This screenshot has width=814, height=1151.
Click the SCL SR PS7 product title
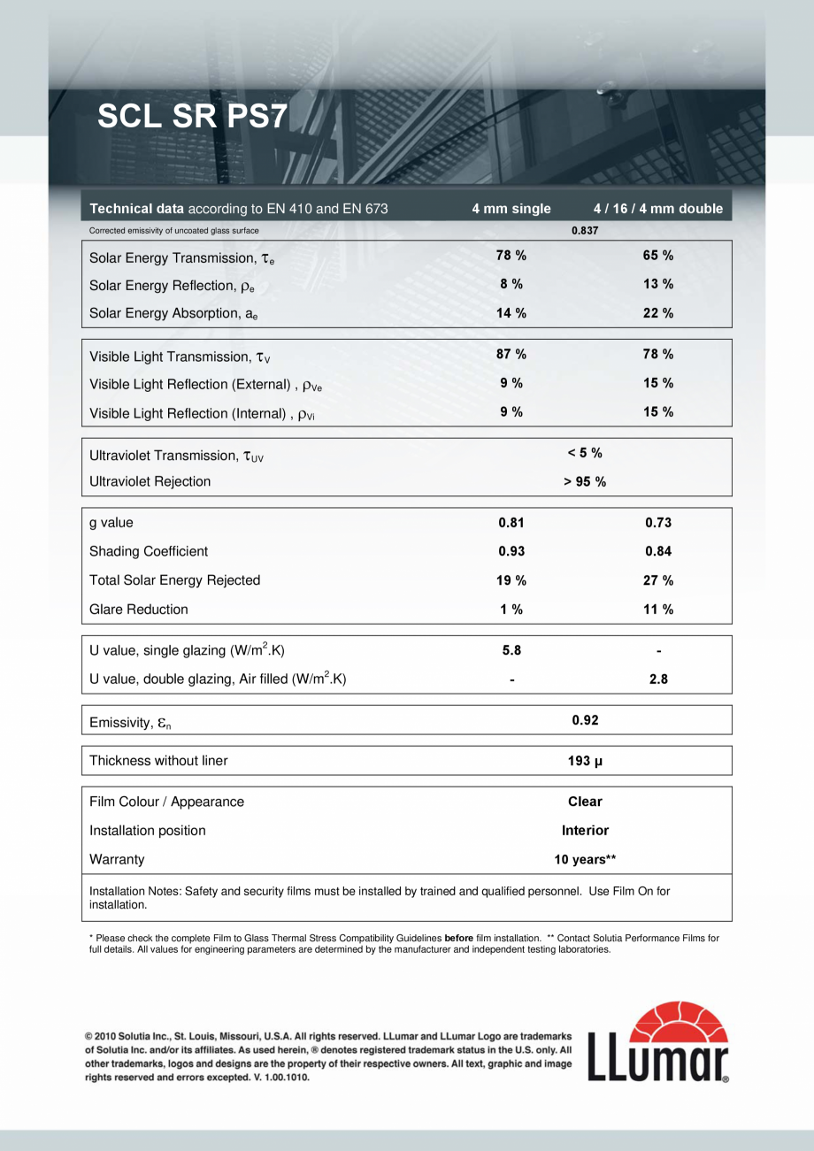(191, 117)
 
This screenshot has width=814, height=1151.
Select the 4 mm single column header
(511, 209)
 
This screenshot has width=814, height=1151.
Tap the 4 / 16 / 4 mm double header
(658, 209)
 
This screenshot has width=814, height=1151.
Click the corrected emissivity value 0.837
(585, 230)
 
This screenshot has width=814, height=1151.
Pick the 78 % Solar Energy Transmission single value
(511, 256)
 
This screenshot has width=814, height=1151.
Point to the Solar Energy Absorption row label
(173, 314)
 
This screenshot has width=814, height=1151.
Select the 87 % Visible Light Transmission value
(511, 355)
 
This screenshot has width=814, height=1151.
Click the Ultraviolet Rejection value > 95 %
(585, 481)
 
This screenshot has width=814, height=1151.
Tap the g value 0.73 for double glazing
(658, 523)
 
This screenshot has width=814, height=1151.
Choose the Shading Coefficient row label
(149, 551)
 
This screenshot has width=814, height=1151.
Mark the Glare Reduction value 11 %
(658, 610)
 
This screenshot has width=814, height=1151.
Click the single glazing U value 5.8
(511, 650)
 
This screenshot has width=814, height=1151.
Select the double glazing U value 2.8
(658, 679)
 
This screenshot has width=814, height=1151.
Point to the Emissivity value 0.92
(585, 720)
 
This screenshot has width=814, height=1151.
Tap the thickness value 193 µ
(585, 761)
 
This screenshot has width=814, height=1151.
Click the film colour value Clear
(585, 802)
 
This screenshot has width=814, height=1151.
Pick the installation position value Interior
(585, 831)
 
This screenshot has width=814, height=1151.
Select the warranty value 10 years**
(585, 859)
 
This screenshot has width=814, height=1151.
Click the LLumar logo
(658, 1041)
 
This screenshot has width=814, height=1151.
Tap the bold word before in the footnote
(459, 938)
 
